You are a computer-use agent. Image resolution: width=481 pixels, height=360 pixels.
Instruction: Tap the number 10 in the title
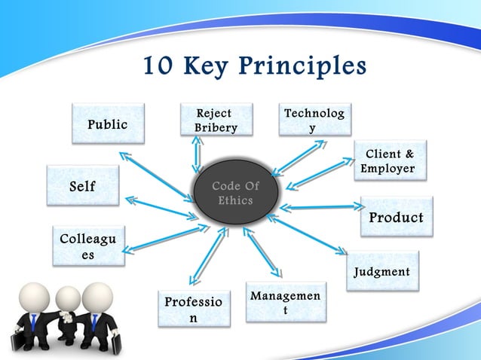[159, 67]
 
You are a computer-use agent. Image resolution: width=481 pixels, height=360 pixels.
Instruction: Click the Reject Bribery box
[216, 121]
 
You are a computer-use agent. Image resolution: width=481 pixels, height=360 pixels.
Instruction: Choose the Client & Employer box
[389, 160]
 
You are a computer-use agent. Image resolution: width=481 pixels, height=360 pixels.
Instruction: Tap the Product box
[396, 217]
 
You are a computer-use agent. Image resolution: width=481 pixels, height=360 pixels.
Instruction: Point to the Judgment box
[382, 271]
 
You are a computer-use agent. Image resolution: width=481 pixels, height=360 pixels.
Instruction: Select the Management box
[286, 302]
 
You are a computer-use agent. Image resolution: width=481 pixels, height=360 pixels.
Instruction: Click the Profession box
[193, 309]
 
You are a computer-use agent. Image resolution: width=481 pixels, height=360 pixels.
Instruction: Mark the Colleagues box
[87, 246]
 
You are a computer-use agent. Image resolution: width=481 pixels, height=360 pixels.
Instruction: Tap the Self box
[83, 186]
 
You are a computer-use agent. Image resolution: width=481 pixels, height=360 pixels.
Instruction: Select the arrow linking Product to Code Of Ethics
[320, 206]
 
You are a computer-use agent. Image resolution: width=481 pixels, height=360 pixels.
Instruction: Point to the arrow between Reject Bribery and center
[198, 154]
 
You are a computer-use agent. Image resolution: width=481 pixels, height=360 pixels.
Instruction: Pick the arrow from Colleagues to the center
[163, 236]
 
